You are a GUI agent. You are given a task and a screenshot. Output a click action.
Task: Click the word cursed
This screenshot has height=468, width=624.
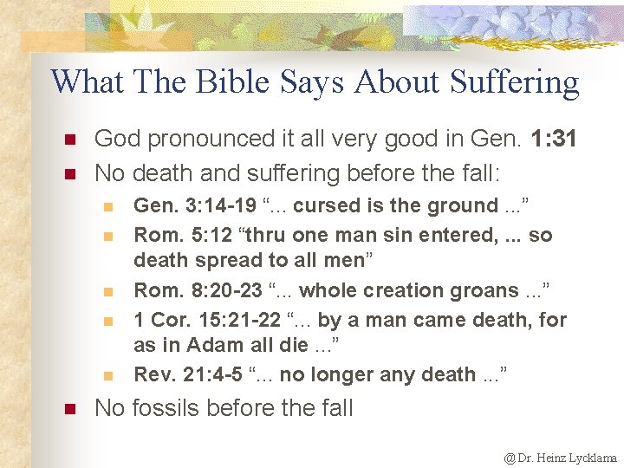click(322, 205)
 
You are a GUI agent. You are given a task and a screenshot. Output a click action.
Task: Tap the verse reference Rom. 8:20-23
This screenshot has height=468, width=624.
click(195, 290)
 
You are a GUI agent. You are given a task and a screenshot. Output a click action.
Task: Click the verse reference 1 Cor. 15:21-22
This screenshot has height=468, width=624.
click(207, 320)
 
